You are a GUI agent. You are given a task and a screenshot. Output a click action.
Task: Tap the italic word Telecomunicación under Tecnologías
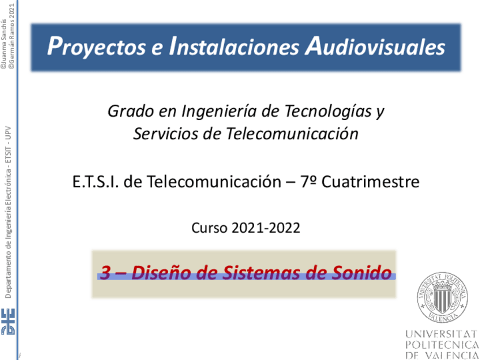click(292, 134)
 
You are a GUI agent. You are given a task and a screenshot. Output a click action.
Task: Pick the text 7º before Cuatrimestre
click(308, 182)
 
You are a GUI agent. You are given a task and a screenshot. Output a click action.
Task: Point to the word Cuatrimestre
click(370, 182)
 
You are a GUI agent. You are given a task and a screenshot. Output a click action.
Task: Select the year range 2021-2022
click(265, 228)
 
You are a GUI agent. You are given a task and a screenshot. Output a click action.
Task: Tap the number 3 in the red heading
click(105, 272)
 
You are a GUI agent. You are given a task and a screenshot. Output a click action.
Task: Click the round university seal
click(442, 297)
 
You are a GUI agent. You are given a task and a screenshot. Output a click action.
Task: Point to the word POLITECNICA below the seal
click(442, 345)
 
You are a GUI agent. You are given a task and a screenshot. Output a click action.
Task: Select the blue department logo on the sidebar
click(8, 322)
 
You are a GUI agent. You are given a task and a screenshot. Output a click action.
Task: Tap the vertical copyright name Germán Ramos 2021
click(12, 36)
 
